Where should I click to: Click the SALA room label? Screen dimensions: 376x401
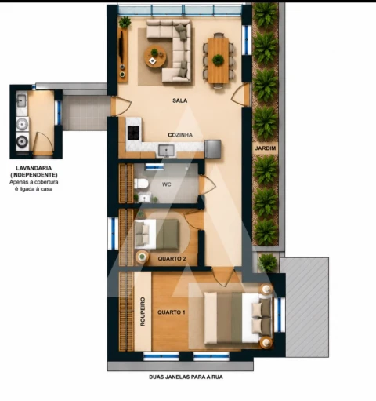tap(180, 100)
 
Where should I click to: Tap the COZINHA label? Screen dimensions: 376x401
tap(180, 135)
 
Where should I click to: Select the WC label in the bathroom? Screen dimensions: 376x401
tap(167, 184)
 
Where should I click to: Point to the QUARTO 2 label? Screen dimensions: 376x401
tap(172, 259)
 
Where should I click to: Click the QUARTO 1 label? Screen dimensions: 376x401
tap(172, 312)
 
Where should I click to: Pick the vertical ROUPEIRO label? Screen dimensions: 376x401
tap(143, 312)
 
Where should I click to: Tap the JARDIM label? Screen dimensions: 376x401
tap(266, 148)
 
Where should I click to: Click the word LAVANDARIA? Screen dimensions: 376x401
tap(34, 168)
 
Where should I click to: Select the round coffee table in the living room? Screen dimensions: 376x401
tap(156, 57)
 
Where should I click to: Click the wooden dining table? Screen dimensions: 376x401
tap(219, 60)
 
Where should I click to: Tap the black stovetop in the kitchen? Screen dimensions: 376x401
tap(134, 133)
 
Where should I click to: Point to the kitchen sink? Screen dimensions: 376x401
tap(166, 151)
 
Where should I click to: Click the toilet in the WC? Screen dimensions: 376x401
tap(141, 184)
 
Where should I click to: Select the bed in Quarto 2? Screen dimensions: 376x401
tap(157, 234)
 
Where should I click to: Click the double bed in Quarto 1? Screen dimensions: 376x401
tap(238, 318)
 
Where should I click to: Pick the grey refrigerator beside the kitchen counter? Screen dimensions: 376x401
tap(213, 149)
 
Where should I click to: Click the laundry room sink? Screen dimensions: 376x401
tap(21, 100)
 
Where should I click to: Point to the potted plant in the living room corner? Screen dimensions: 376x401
tap(125, 22)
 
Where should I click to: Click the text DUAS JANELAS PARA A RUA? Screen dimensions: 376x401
tap(186, 377)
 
